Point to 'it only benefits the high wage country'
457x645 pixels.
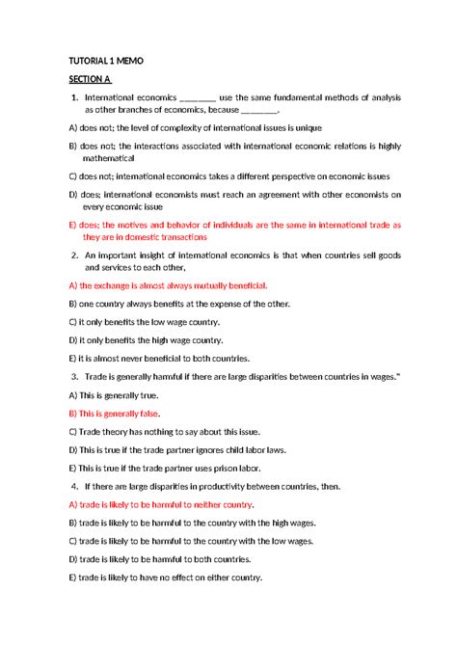146,339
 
